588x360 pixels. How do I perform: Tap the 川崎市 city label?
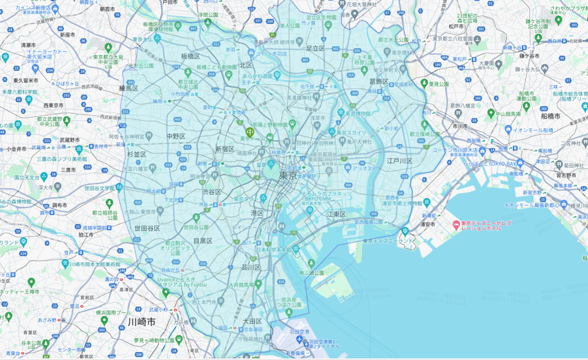[x=142, y=321]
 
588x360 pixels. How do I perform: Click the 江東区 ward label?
[x=336, y=214]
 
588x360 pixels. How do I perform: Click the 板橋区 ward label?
[x=190, y=56]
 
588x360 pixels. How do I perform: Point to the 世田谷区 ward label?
[x=148, y=228]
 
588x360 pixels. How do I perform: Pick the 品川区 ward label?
[x=251, y=267]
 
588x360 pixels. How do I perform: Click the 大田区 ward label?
[x=252, y=321]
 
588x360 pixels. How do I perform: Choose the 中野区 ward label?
[x=176, y=136]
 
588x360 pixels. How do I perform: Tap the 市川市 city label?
[x=460, y=126]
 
